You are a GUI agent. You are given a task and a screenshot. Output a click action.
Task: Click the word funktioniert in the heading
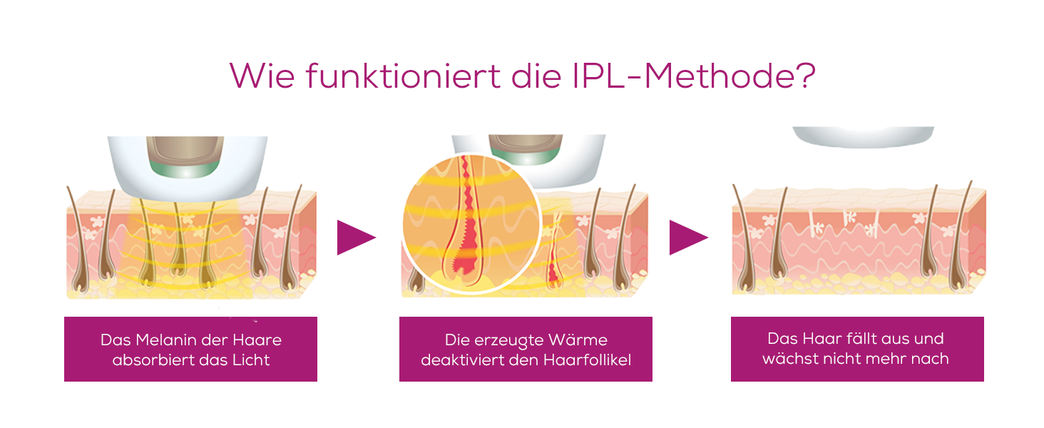pos(403,76)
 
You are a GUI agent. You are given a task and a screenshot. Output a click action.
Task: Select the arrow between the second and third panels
pos(689,238)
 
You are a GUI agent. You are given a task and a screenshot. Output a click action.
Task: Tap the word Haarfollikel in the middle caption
pos(588,360)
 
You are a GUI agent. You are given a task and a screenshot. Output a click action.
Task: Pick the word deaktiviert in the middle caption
pos(462,360)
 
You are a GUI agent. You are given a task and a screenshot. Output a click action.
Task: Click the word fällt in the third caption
pos(848,339)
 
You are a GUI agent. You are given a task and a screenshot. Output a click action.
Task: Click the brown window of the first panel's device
pos(185,149)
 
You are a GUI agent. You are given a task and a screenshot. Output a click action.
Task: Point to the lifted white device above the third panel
pos(863,136)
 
